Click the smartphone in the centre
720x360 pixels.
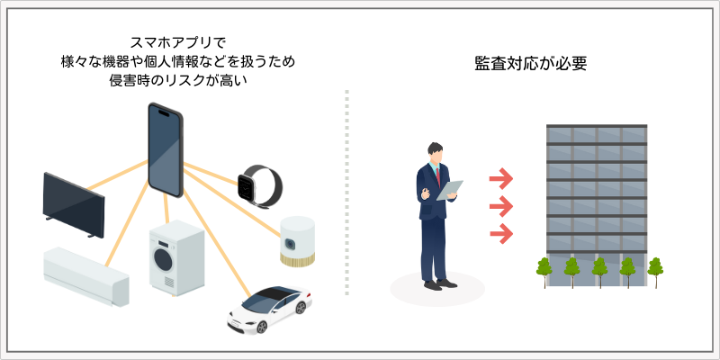click(x=166, y=151)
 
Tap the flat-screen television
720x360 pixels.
click(x=74, y=203)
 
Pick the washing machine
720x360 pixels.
click(x=176, y=258)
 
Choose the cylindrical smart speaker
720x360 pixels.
click(x=296, y=241)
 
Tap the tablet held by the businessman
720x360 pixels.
click(x=451, y=189)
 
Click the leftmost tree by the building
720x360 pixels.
click(x=544, y=267)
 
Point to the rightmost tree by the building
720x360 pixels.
click(x=655, y=267)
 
